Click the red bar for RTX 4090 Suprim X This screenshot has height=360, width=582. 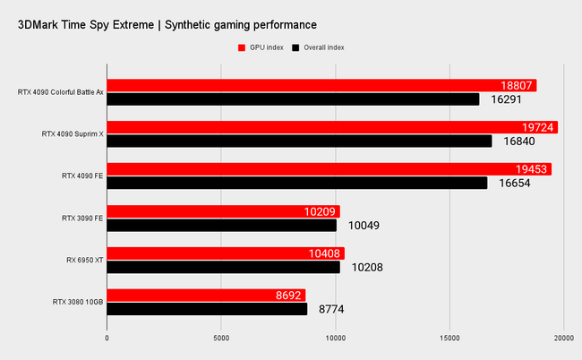click(331, 127)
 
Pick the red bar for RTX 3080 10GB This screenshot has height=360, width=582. click(206, 295)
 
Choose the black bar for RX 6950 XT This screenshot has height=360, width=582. click(223, 267)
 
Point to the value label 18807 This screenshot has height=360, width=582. click(518, 86)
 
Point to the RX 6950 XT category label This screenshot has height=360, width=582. click(82, 260)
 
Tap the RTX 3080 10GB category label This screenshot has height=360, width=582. click(78, 302)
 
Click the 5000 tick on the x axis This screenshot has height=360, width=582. click(221, 338)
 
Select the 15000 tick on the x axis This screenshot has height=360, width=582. click(449, 338)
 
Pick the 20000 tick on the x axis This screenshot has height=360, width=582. click(563, 338)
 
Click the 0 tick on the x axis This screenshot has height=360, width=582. click(107, 338)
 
